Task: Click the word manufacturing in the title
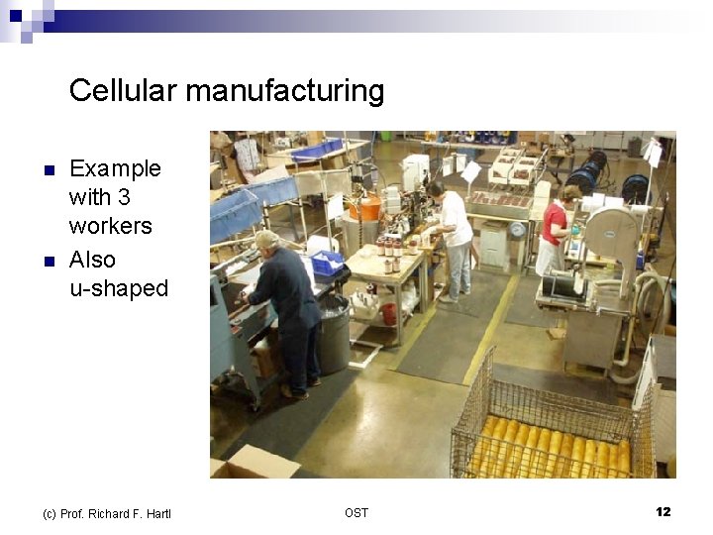[x=285, y=91]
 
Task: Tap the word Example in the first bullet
[x=115, y=168]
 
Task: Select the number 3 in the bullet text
[x=124, y=197]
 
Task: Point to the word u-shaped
[x=119, y=288]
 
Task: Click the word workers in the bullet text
[x=111, y=226]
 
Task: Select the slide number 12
[x=662, y=512]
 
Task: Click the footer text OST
[x=356, y=512]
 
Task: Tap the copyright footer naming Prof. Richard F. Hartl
[x=107, y=513]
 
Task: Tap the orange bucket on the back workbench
[x=365, y=207]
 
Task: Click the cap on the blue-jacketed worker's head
[x=266, y=239]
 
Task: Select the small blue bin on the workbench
[x=327, y=263]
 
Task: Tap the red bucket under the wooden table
[x=389, y=313]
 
